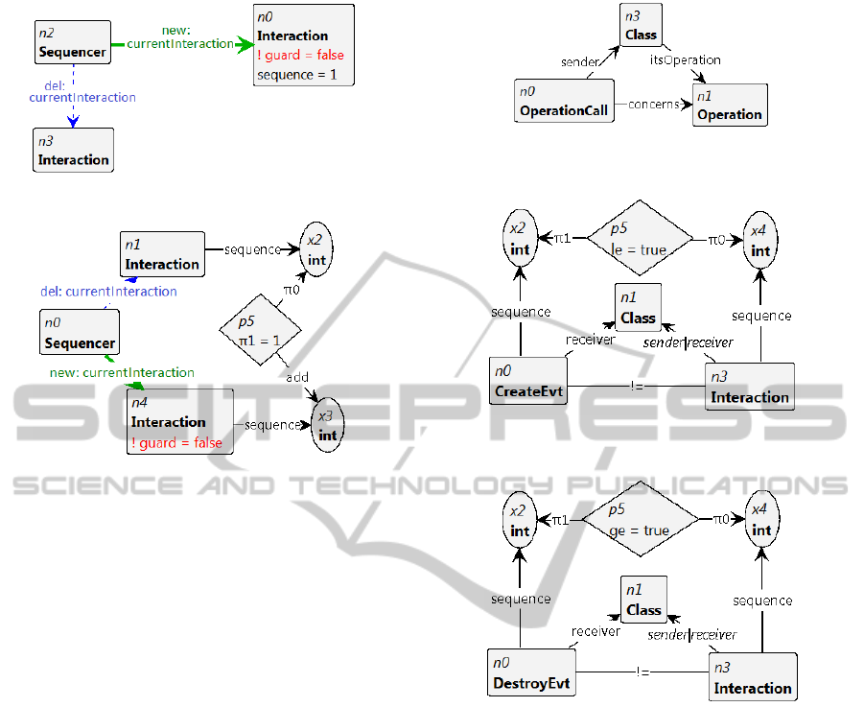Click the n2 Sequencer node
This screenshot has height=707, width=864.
(x=72, y=43)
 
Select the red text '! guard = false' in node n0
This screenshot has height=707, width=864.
(x=300, y=55)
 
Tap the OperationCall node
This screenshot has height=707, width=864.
(x=564, y=102)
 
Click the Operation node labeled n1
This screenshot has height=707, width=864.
(x=730, y=106)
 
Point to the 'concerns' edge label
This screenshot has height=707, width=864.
(x=654, y=104)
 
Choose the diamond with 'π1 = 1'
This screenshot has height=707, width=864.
(x=261, y=331)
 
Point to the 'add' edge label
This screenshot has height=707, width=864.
(x=297, y=377)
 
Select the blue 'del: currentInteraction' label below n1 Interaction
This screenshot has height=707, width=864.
(x=108, y=291)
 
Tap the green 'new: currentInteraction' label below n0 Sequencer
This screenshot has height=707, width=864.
(x=122, y=372)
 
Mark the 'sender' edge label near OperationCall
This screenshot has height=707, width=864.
(x=579, y=62)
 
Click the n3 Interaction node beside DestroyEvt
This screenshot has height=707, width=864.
(x=753, y=677)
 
